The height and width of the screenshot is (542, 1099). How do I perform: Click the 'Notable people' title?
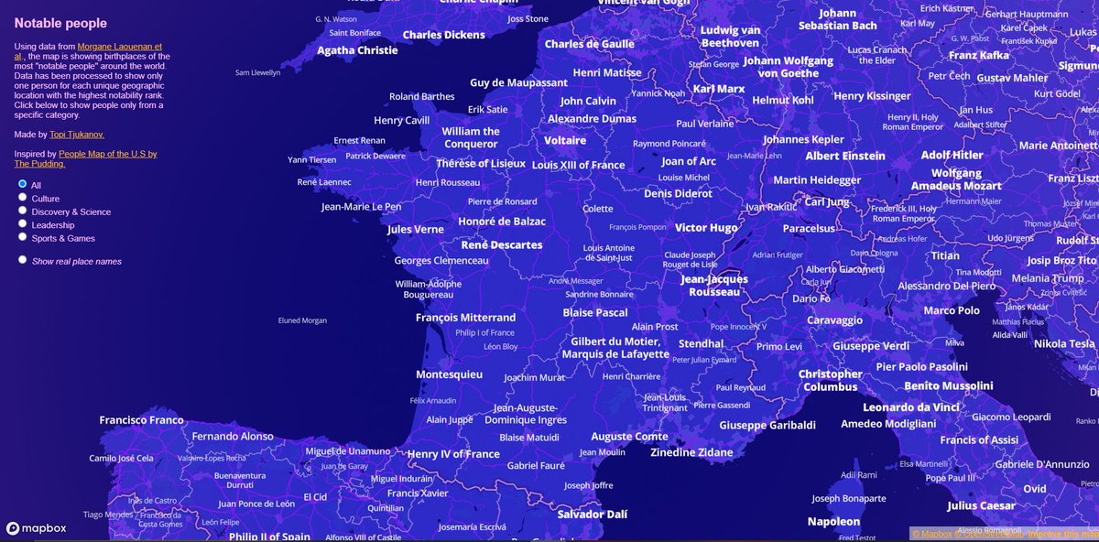(x=60, y=23)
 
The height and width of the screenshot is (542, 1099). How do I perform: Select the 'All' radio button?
(x=23, y=184)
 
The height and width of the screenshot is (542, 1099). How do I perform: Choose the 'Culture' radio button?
(x=23, y=198)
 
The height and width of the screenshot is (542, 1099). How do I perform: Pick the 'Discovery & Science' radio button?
(x=23, y=211)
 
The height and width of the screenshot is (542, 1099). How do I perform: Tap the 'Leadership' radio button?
(x=23, y=224)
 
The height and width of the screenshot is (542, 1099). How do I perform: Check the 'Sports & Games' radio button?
(x=23, y=238)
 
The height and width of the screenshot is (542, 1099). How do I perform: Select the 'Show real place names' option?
(x=23, y=260)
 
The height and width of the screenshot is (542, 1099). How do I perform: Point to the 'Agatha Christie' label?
(x=357, y=51)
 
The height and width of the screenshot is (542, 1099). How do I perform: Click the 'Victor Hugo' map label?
(x=706, y=227)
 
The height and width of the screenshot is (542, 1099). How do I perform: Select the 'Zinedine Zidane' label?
(x=691, y=452)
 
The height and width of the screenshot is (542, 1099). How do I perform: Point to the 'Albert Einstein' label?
(x=845, y=156)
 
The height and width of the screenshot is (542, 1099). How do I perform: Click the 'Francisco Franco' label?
(x=141, y=420)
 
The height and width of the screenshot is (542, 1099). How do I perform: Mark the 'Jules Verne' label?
(x=416, y=230)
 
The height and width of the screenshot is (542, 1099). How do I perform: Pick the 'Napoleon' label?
(x=833, y=521)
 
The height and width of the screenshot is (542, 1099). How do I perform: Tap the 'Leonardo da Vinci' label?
(x=911, y=407)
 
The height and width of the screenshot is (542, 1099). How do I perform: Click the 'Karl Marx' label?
(x=719, y=89)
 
